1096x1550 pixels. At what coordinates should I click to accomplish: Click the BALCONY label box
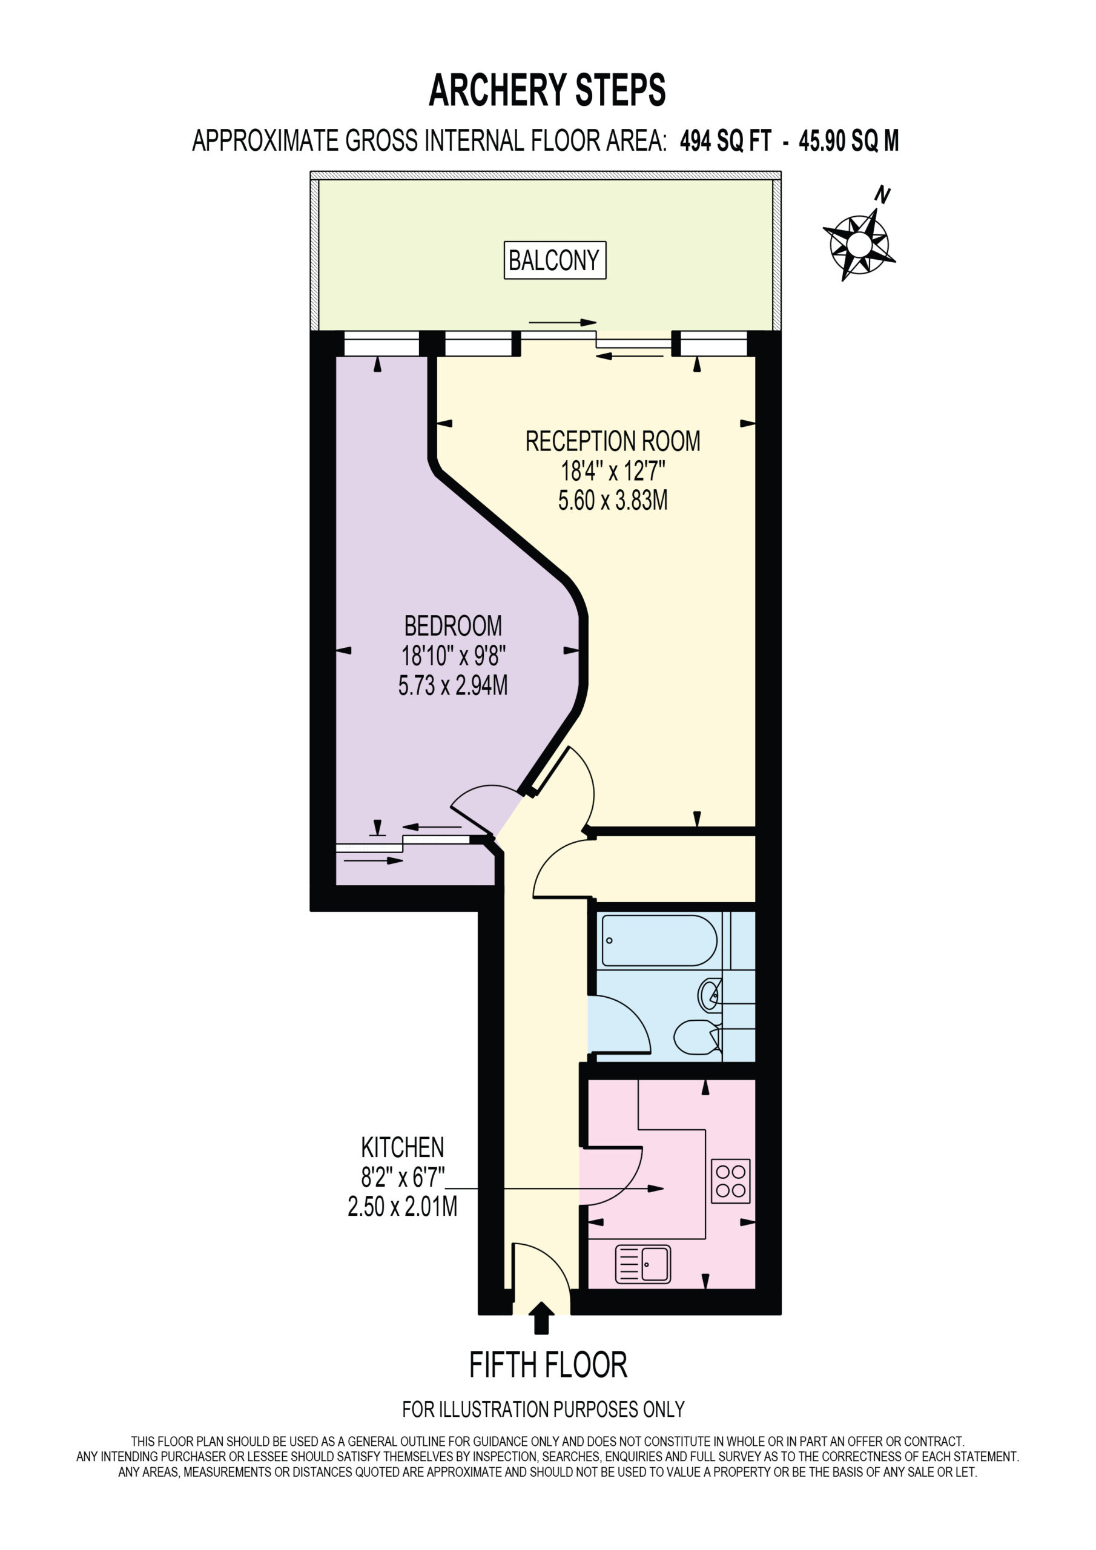(555, 260)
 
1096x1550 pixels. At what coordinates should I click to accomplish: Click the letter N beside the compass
(882, 196)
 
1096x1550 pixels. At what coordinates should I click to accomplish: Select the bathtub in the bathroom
(659, 940)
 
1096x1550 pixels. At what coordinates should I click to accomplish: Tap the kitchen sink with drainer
(643, 1264)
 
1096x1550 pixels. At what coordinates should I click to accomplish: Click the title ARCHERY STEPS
(547, 90)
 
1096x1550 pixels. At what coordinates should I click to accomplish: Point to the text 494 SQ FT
(725, 141)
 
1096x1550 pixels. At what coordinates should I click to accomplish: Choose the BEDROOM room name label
(453, 626)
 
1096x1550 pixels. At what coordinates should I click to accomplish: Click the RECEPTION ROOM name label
(613, 441)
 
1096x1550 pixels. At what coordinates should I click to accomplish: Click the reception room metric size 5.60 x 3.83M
(613, 500)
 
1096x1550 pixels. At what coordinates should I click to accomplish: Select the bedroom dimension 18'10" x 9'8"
(453, 656)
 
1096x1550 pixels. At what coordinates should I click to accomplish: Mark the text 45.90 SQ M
(849, 141)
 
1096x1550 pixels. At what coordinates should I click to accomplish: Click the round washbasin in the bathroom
(710, 994)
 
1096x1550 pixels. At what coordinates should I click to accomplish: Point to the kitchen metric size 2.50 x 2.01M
(403, 1206)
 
